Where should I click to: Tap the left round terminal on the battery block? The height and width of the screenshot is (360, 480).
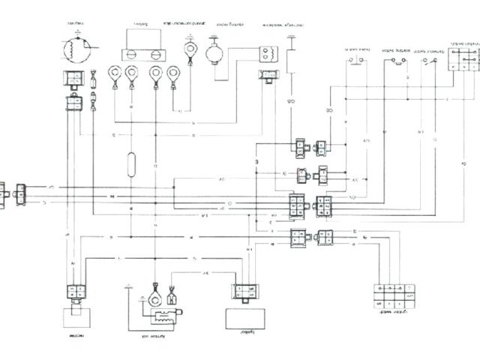(x=129, y=54)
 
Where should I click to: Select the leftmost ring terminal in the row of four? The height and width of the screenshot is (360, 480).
(x=114, y=73)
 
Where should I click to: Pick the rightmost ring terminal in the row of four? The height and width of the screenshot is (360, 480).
(x=174, y=73)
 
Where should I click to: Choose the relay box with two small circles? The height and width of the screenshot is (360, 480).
(x=267, y=55)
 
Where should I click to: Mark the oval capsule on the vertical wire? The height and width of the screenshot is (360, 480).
(x=132, y=163)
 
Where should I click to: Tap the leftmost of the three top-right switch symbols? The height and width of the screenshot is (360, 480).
(x=358, y=60)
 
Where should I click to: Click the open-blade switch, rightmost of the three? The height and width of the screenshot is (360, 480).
(x=430, y=61)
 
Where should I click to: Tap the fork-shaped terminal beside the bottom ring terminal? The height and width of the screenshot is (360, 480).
(x=172, y=296)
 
